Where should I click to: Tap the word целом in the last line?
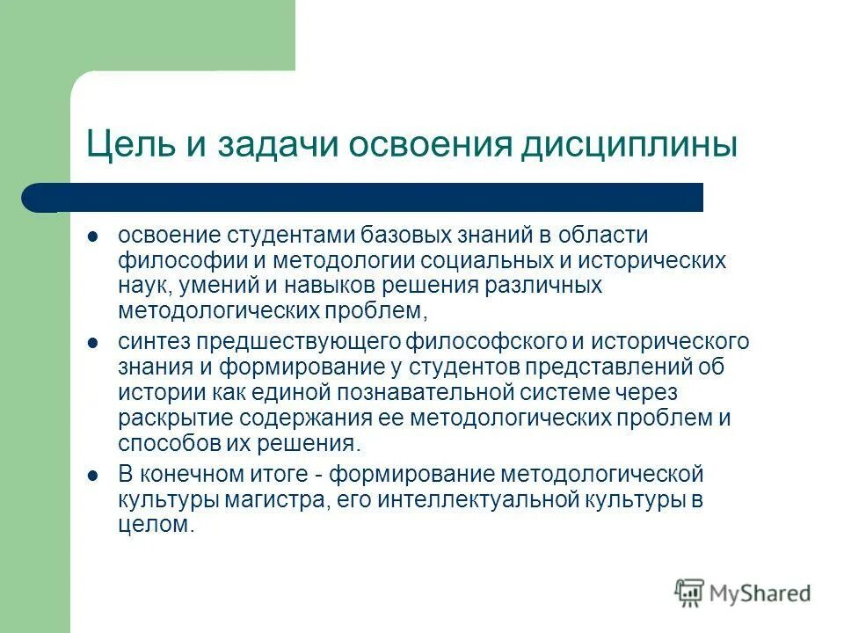pos(154,526)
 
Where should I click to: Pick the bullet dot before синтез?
pos(94,340)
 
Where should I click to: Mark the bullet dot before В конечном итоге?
pos(94,476)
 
